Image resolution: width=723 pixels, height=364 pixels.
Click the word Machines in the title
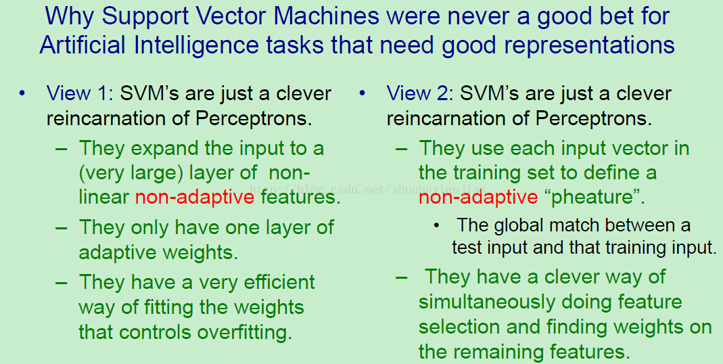tap(326, 16)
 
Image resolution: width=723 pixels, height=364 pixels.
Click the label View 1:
tap(80, 93)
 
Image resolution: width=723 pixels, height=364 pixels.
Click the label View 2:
tap(420, 93)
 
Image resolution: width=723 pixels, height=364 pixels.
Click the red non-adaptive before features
tap(195, 198)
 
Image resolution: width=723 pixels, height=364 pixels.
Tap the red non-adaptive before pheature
tap(478, 198)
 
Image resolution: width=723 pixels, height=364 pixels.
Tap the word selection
tap(460, 327)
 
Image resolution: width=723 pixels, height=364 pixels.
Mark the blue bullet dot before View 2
tap(362, 93)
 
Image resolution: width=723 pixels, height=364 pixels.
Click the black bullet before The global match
tap(436, 226)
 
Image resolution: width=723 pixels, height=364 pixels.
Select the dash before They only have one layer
tap(62, 228)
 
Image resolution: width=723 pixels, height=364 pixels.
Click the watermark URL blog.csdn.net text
tap(367, 189)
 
